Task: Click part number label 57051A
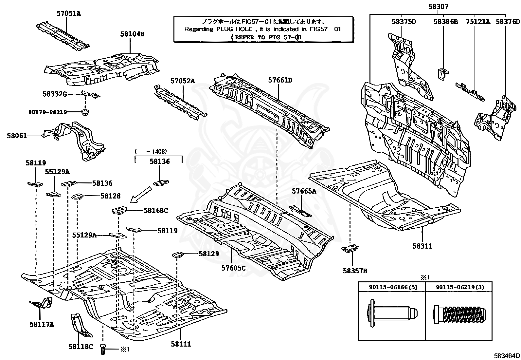coord(68,13)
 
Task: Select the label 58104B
coord(132,34)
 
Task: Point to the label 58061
coord(17,135)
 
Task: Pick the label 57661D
coord(280,80)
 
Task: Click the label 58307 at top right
coord(438,7)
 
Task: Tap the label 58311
coord(422,246)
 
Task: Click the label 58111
coord(181,344)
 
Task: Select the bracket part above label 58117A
coord(42,303)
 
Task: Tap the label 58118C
coord(81,346)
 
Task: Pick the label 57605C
coord(234,268)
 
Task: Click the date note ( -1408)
coord(151,151)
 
